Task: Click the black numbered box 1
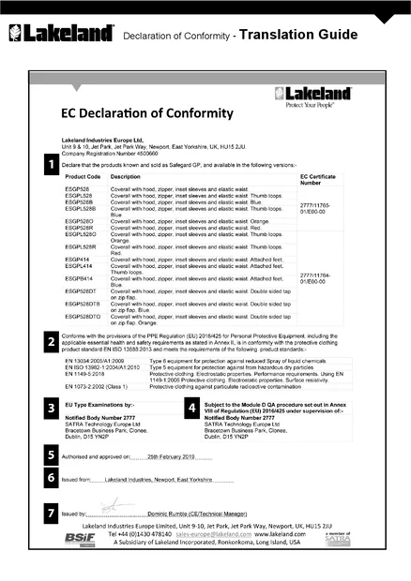52,165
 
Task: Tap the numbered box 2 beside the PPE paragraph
52,342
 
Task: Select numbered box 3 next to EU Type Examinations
52,409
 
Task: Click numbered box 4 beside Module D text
192,409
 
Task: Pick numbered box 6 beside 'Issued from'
52,478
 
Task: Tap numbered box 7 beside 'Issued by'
52,514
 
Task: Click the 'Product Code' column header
84,177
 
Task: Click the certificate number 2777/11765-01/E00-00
317,208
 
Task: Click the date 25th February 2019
170,455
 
